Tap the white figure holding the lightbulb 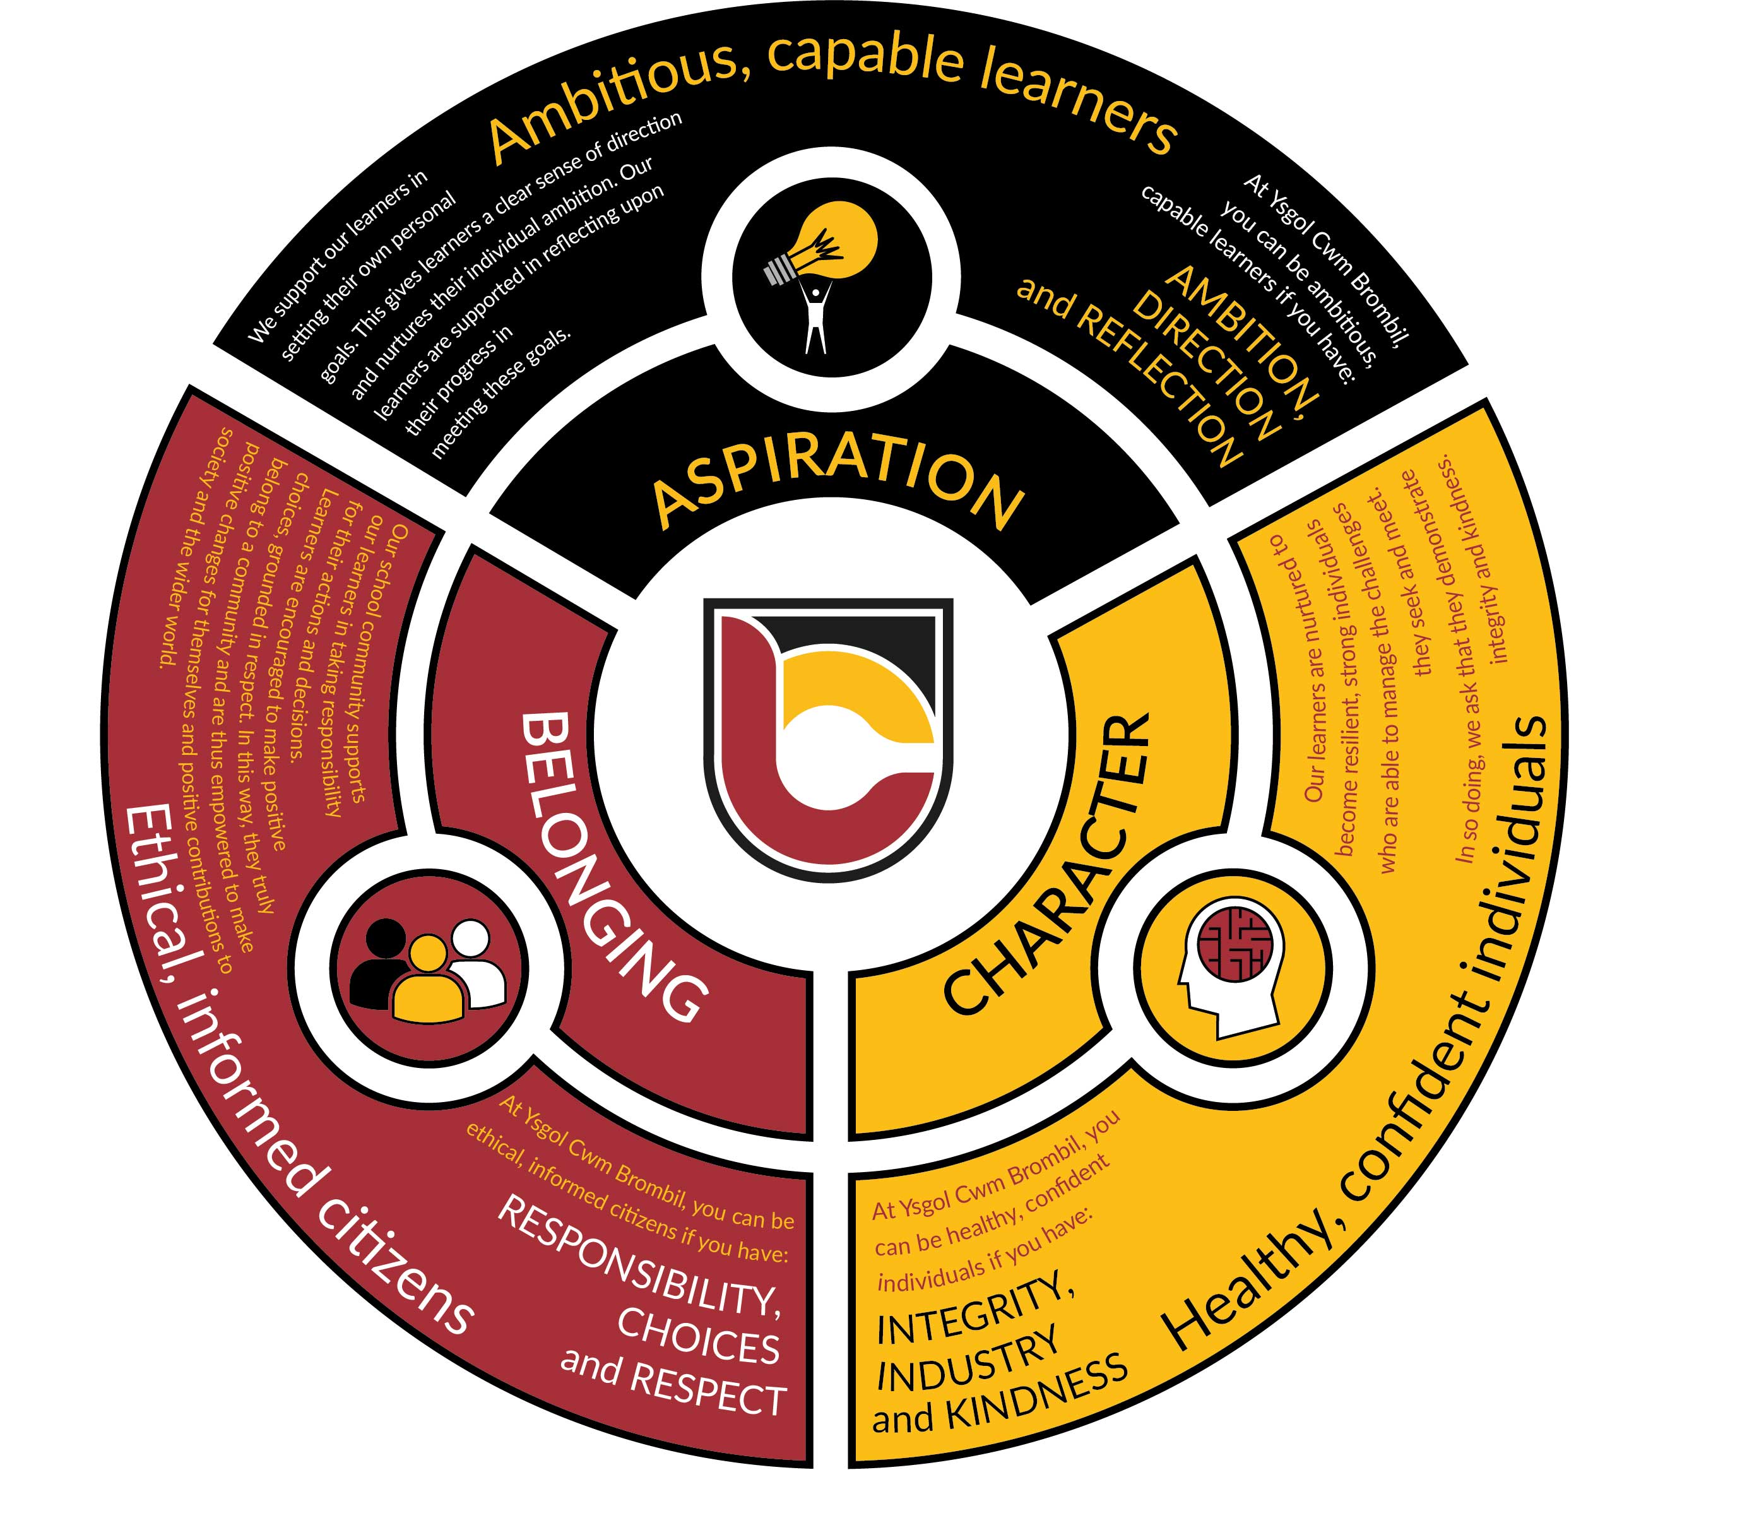coord(815,317)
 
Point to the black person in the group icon coord(382,961)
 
